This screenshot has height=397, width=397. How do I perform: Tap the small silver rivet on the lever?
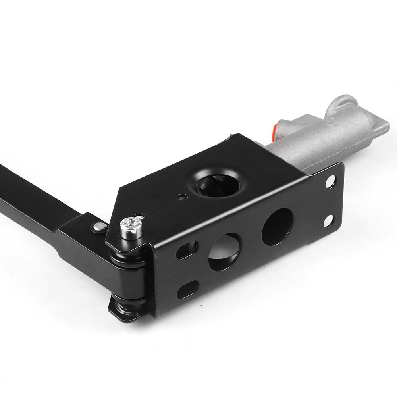(x=98, y=226)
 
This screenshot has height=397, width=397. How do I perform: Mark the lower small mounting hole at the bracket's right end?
(x=329, y=219)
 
